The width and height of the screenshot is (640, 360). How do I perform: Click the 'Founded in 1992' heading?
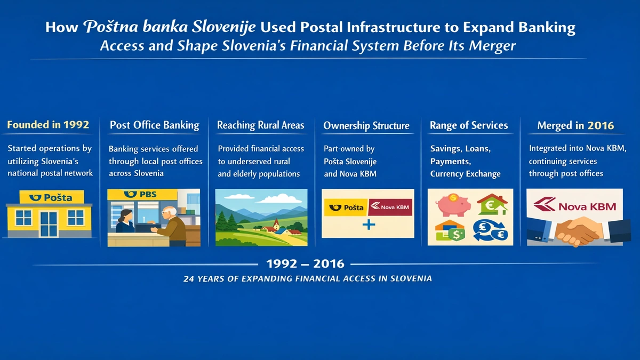(48, 125)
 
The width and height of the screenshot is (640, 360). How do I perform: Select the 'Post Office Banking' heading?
(154, 125)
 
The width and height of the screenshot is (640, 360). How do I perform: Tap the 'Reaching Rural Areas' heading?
(260, 125)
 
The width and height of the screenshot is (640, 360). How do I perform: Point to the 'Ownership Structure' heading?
(366, 126)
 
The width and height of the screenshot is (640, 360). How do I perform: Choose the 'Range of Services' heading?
(469, 125)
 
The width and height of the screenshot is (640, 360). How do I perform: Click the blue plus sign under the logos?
(368, 226)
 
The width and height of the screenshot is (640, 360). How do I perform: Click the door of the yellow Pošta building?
(49, 223)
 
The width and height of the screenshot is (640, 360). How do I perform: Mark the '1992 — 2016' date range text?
(305, 263)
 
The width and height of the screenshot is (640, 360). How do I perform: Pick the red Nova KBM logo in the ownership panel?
(390, 206)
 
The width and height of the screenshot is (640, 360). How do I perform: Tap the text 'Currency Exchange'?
(465, 174)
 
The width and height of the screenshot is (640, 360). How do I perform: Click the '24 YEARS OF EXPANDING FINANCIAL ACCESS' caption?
(307, 278)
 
